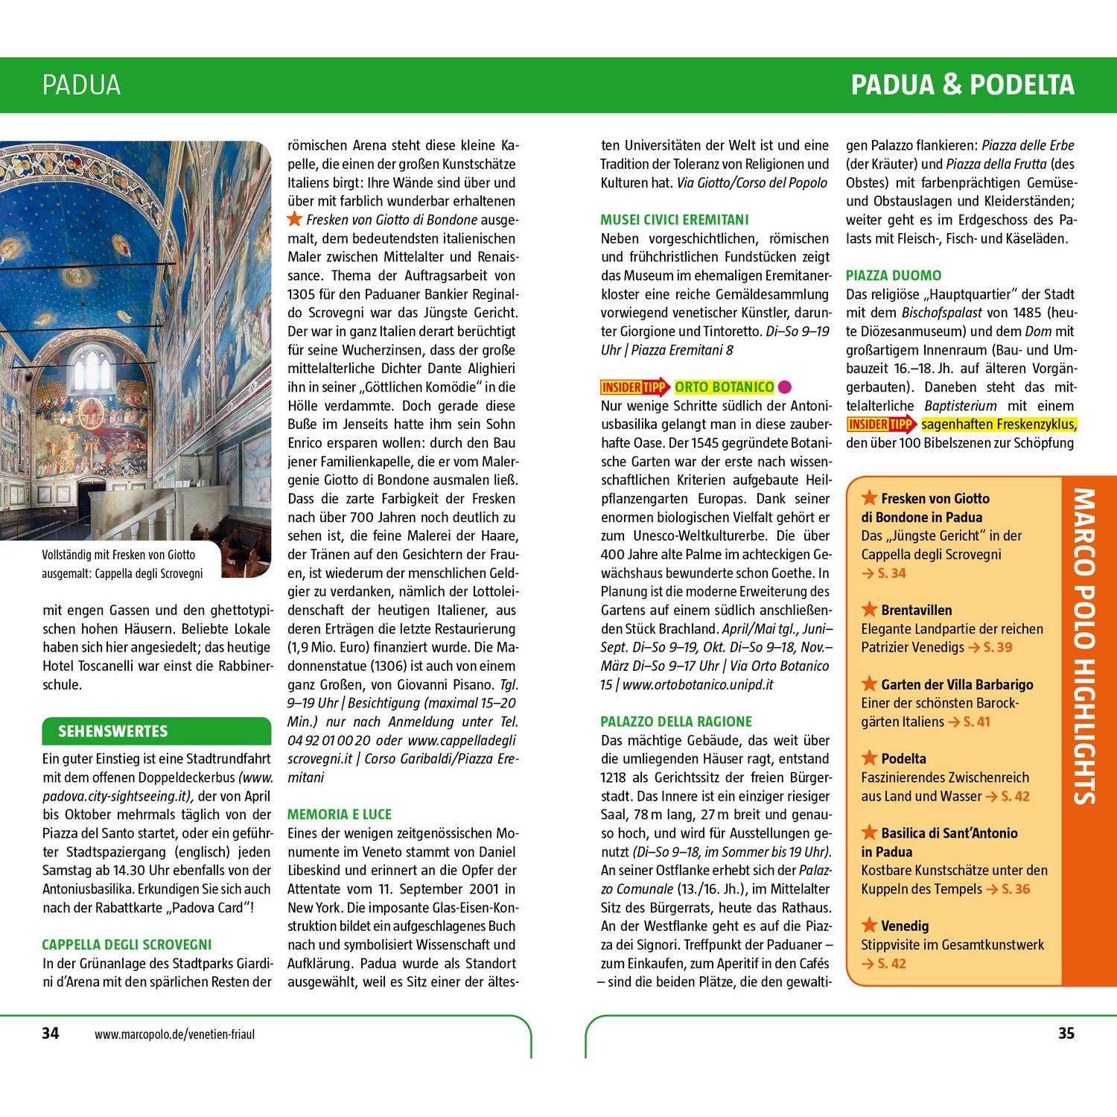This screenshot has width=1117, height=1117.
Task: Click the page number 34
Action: pos(50,1033)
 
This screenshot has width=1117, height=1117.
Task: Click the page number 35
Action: pos(1066,1033)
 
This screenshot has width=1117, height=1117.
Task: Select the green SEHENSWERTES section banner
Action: pos(156,731)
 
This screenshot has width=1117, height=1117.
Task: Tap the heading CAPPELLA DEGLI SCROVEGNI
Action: pos(127,945)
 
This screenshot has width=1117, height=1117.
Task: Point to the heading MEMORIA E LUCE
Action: pos(340,815)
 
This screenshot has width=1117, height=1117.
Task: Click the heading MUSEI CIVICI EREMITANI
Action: pos(675,220)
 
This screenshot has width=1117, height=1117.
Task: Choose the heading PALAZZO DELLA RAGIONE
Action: pos(676,722)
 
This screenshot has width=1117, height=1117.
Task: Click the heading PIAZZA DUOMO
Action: pos(894,276)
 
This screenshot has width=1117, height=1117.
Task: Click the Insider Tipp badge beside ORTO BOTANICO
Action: pos(635,387)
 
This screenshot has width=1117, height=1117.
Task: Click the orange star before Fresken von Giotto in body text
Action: pos(295,219)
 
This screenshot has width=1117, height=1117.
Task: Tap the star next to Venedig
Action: pos(869,926)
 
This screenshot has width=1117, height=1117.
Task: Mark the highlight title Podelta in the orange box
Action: pos(903,759)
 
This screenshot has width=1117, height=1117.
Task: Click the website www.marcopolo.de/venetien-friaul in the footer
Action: pos(175,1034)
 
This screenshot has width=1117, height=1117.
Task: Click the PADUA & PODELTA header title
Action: pos(963,85)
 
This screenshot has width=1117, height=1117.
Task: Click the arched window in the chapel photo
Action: pos(92,368)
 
